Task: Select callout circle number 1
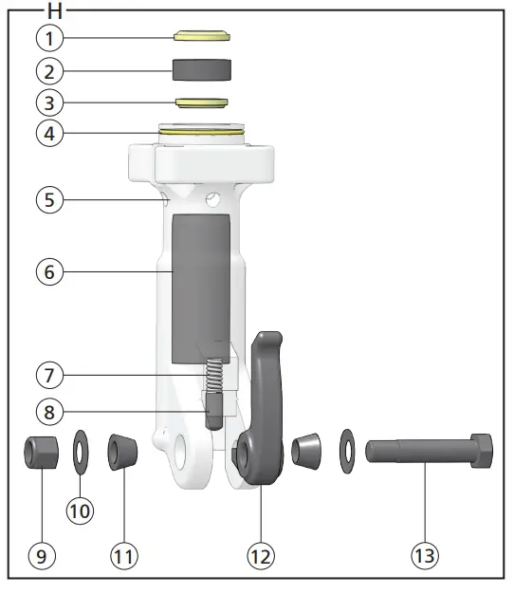pyautogui.click(x=51, y=38)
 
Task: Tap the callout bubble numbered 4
pyautogui.click(x=51, y=133)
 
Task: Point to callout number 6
pyautogui.click(x=51, y=271)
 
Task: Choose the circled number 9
pyautogui.click(x=41, y=556)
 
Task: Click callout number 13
pyautogui.click(x=426, y=556)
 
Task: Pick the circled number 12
pyautogui.click(x=261, y=556)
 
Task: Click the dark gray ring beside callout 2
pyautogui.click(x=201, y=70)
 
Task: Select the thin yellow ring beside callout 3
pyautogui.click(x=201, y=102)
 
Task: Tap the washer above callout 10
pyautogui.click(x=81, y=448)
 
